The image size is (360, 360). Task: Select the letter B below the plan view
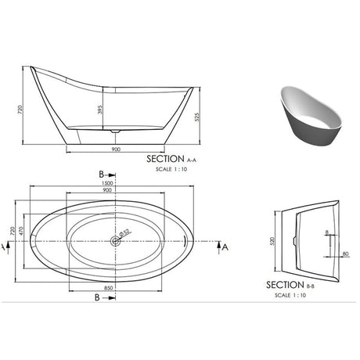tap(96, 297)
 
